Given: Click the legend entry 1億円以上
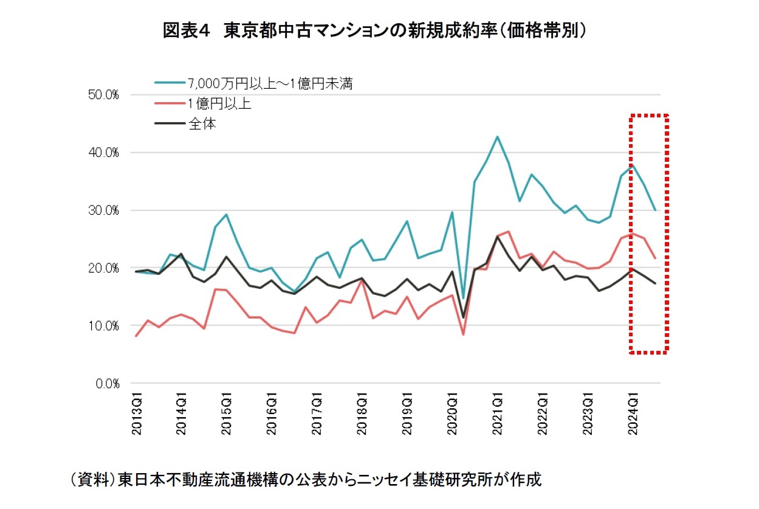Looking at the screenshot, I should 219,103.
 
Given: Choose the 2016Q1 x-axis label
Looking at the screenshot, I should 272,414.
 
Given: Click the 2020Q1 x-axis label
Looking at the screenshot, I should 452,414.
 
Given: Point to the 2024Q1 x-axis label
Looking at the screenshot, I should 633,414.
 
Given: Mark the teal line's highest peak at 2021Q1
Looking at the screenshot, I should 497,136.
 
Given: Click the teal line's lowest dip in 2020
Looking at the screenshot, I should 463,298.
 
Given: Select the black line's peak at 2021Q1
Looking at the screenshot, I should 497,237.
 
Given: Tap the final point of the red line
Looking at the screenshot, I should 655,258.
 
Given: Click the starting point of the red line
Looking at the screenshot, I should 136,336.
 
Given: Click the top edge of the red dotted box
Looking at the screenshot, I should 649,115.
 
